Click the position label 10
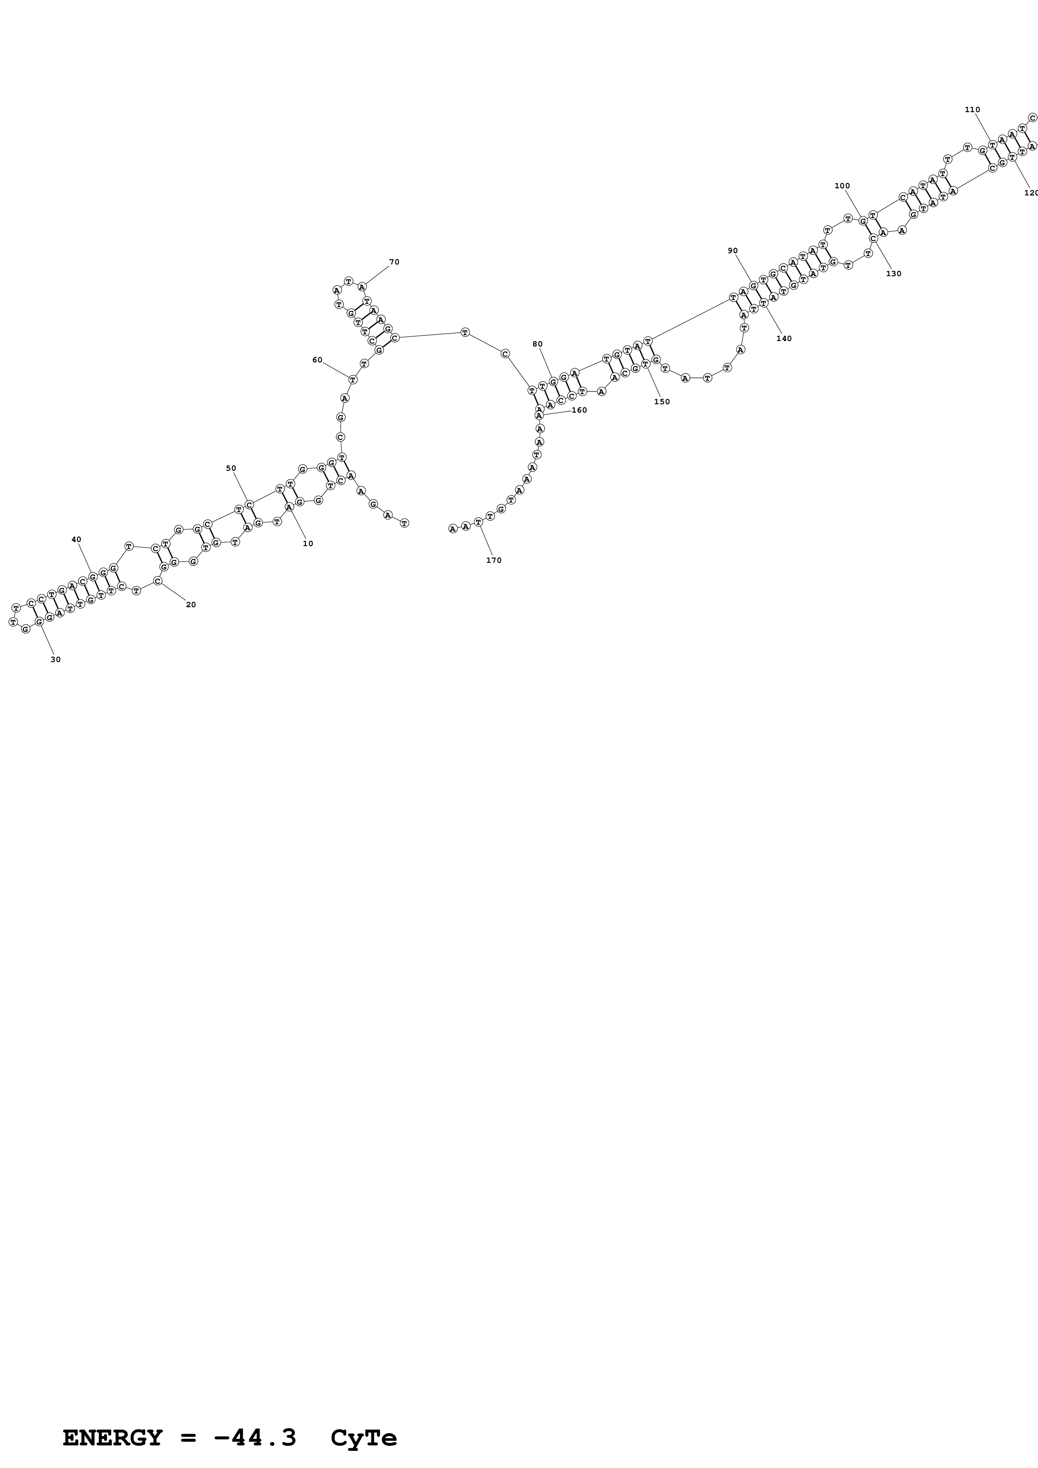coord(308,544)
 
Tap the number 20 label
coord(191,604)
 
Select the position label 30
coord(56,659)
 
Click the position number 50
coord(231,468)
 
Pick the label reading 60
coord(317,360)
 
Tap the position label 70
coord(394,262)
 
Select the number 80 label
coord(537,344)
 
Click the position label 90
coord(732,251)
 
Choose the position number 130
coord(894,274)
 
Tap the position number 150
coord(662,402)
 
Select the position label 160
coord(579,410)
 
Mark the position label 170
coord(494,560)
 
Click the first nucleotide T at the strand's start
coord(404,523)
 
